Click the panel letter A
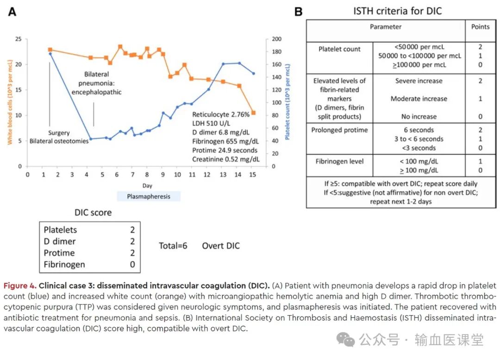tap(12, 12)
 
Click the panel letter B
tap(299, 12)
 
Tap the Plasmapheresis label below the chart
tap(149, 196)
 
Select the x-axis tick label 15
tap(253, 175)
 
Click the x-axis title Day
tap(147, 185)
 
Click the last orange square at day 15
tap(253, 113)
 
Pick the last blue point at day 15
tap(253, 73)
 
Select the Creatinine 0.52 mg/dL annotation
tap(226, 159)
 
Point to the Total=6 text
tap(173, 246)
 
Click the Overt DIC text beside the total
tap(221, 246)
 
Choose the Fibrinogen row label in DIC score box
tap(64, 265)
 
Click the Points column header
tap(480, 27)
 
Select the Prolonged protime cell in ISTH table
tap(339, 130)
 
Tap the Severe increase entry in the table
tap(419, 81)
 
